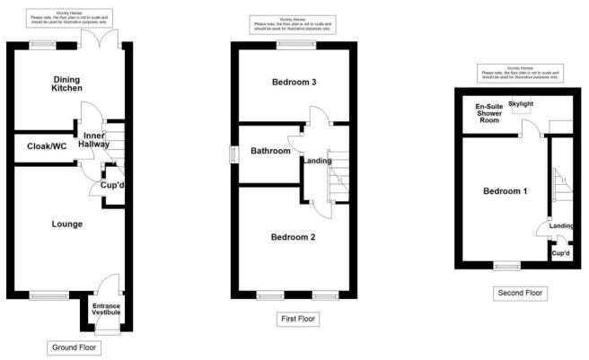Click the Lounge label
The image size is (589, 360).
pyautogui.click(x=67, y=224)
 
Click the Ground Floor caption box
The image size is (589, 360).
pyautogui.click(x=72, y=347)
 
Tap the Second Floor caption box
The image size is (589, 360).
pyautogui.click(x=520, y=293)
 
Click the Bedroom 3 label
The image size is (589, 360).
pyautogui.click(x=294, y=83)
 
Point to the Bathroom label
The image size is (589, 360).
pyautogui.click(x=270, y=151)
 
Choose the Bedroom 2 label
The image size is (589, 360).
pyautogui.click(x=294, y=237)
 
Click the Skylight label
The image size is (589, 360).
pyautogui.click(x=521, y=104)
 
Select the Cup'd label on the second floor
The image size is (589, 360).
pyautogui.click(x=561, y=254)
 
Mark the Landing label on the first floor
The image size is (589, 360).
pyautogui.click(x=318, y=161)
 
